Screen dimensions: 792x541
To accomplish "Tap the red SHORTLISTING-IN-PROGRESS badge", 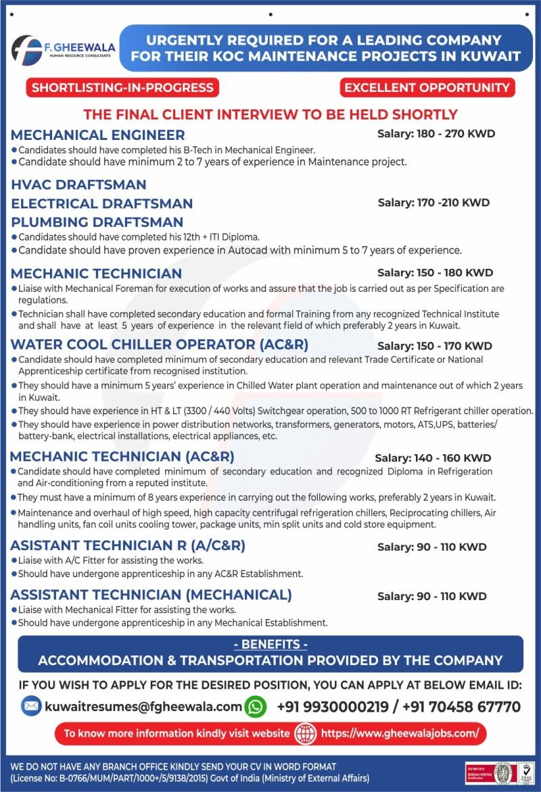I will [x=122, y=87].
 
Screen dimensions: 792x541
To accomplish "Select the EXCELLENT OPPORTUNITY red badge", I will [x=427, y=87].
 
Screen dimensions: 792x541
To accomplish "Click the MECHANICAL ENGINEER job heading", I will [x=98, y=134].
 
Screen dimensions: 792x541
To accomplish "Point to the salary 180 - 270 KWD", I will [x=436, y=133].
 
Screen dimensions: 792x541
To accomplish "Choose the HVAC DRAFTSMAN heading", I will [x=78, y=184].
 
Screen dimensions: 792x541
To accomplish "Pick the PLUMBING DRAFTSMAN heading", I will [x=97, y=222].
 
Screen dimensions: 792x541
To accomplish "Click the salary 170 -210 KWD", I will [x=433, y=203].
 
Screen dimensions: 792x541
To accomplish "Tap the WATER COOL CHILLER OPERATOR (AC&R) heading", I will [x=159, y=345].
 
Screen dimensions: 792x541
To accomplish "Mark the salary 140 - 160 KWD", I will [x=433, y=458].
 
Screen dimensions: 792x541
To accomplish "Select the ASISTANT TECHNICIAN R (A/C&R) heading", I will [x=128, y=545].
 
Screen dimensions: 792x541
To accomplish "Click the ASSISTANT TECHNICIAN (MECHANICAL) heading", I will [x=151, y=595].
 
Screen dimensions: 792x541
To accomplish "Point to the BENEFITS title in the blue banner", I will [x=270, y=645].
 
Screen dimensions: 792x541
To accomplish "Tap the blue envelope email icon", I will [x=31, y=707].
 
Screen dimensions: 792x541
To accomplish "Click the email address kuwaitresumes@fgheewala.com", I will [x=143, y=707].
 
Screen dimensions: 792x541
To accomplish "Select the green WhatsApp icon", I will [x=256, y=707].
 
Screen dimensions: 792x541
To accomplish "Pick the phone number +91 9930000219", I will [x=333, y=707].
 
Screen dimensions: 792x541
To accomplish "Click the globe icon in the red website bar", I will [x=306, y=733].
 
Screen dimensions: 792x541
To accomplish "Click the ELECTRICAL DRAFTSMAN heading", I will [x=102, y=203].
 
